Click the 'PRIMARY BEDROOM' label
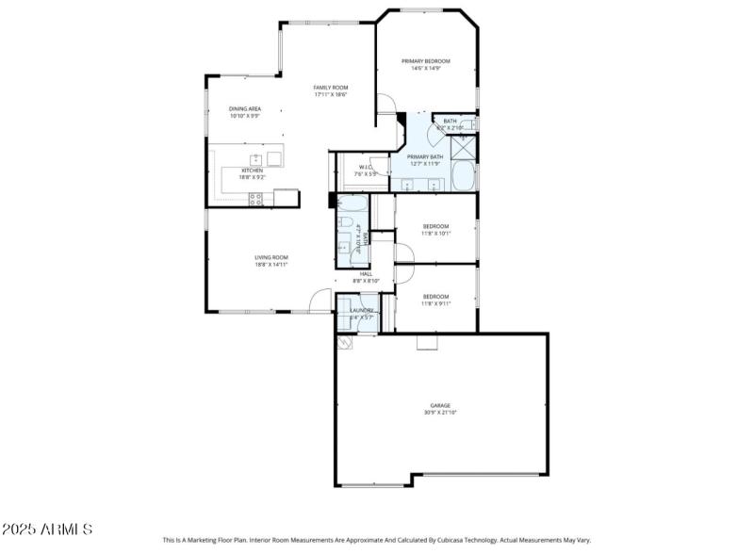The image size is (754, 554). [x=424, y=61]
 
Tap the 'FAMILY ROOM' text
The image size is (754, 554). [x=331, y=88]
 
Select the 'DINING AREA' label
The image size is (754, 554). [x=245, y=109]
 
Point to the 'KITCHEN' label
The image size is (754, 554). [x=252, y=171]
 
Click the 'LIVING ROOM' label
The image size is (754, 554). [x=270, y=257]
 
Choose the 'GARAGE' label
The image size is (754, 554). [x=441, y=405]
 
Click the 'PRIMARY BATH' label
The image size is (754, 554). [x=425, y=157]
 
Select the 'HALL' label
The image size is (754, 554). [x=366, y=274]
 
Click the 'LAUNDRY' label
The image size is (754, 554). [x=363, y=310]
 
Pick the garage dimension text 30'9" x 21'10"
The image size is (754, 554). [x=441, y=413]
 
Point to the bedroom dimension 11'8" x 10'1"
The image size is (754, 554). [x=435, y=234]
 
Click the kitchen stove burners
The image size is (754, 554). [x=255, y=198]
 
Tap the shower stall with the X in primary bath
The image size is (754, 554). [x=464, y=148]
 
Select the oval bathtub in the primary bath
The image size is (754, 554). [x=464, y=177]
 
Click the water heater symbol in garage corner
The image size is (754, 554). [x=346, y=345]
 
